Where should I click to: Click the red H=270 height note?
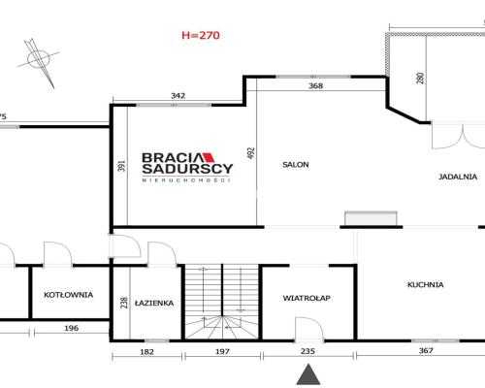(x=201, y=35)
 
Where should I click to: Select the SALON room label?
(x=296, y=165)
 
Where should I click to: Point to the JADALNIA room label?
(x=458, y=177)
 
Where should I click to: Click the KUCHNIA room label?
(x=425, y=285)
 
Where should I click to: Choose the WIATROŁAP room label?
(x=307, y=298)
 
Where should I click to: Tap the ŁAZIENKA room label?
(x=154, y=303)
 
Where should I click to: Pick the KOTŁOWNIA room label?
(x=69, y=295)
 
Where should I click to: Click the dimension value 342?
(x=178, y=96)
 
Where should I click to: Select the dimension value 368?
(x=315, y=86)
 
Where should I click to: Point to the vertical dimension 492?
(x=251, y=153)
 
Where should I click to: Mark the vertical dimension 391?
(x=122, y=166)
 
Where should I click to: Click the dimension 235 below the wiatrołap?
(x=307, y=351)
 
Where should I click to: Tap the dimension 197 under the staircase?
(x=222, y=351)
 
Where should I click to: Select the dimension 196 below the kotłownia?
(x=71, y=328)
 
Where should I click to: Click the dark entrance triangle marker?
(x=308, y=374)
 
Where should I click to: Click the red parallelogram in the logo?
(x=209, y=157)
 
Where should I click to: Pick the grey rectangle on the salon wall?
(x=371, y=218)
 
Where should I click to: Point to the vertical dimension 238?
(x=124, y=303)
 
